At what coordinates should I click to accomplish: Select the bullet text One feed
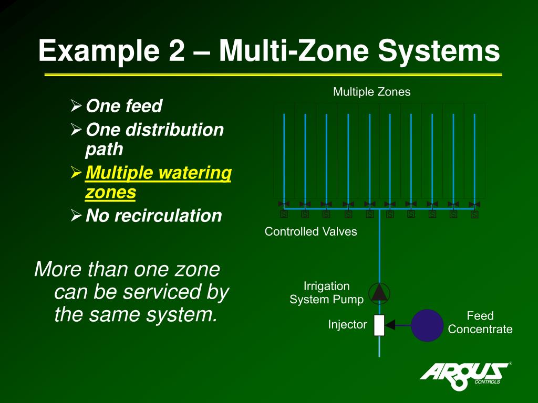(x=124, y=107)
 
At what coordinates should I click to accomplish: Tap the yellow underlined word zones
(x=110, y=193)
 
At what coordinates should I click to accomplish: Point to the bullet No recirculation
(x=153, y=216)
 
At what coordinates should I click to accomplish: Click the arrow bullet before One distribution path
(x=76, y=130)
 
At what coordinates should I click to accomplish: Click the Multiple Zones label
(x=371, y=92)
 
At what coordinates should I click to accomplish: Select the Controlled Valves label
(x=311, y=231)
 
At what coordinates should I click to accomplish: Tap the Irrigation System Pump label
(x=326, y=293)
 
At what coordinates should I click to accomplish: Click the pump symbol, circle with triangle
(x=379, y=292)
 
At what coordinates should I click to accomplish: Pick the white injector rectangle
(x=379, y=325)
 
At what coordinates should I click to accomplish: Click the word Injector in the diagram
(x=347, y=325)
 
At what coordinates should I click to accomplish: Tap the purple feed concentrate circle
(x=427, y=325)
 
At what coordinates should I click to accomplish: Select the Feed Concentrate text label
(x=480, y=323)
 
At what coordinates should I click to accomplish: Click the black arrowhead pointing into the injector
(x=390, y=325)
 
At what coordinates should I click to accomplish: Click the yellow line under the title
(x=273, y=75)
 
